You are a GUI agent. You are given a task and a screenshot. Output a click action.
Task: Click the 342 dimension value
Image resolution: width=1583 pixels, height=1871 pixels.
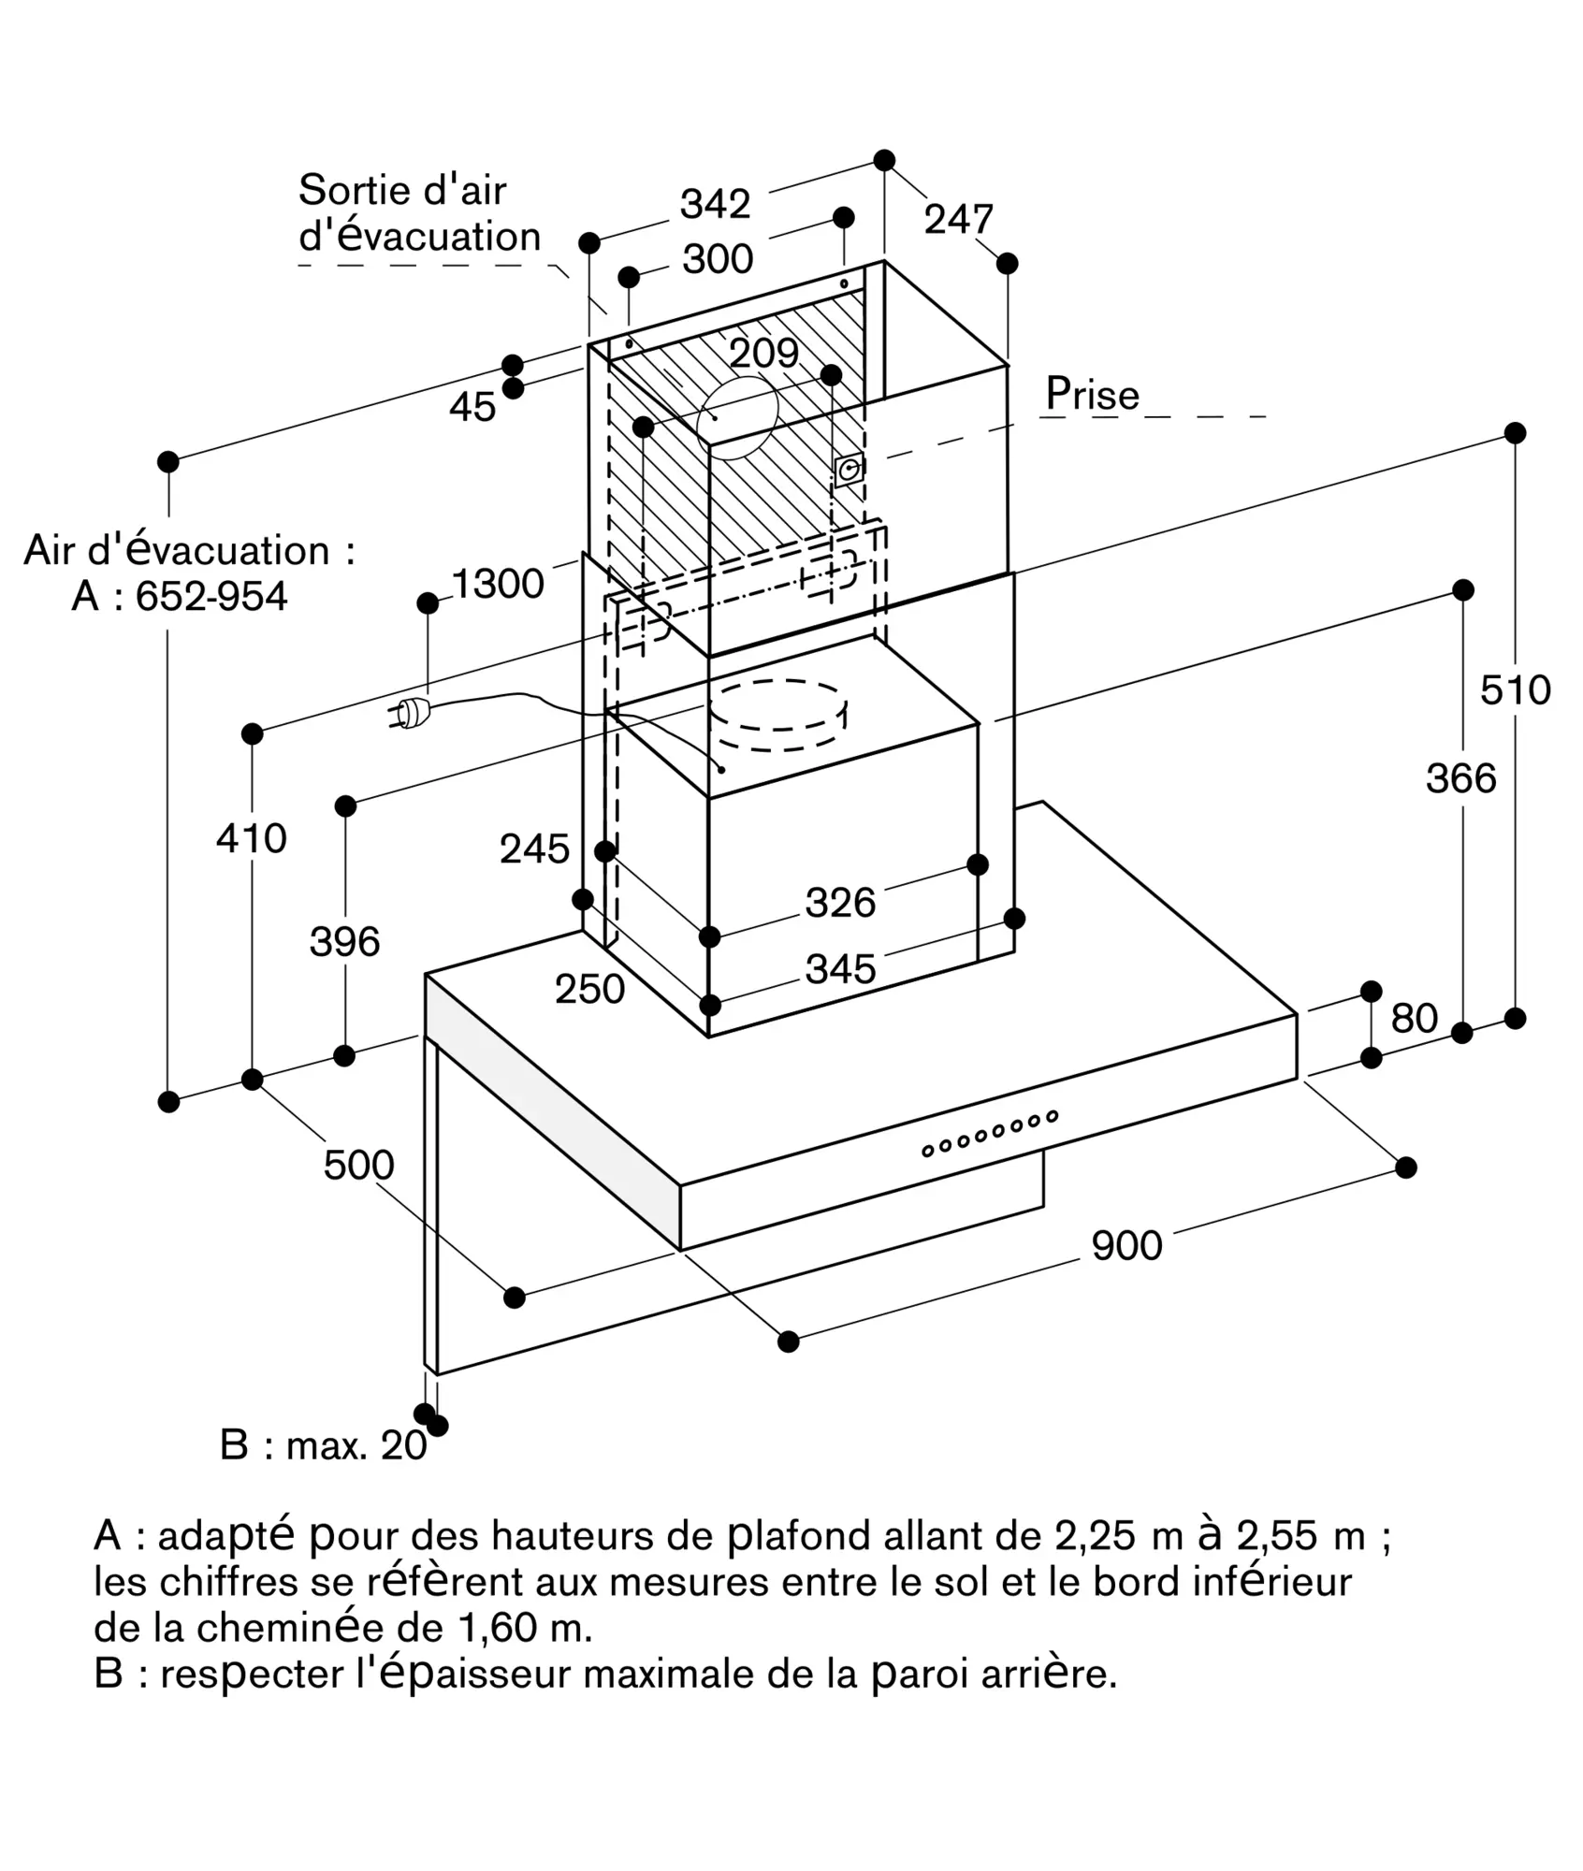coord(715,204)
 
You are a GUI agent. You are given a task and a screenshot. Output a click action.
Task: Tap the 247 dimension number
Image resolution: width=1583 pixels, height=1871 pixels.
coord(958,220)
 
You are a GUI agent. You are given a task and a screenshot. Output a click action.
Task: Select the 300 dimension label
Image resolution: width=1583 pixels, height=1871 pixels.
coord(718,259)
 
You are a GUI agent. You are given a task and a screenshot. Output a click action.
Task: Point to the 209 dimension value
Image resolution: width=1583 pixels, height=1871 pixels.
coord(763,353)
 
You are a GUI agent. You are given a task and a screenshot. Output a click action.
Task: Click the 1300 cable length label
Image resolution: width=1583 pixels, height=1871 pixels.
coord(498,584)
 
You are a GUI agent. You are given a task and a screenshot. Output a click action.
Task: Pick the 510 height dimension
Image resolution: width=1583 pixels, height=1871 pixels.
coord(1515,690)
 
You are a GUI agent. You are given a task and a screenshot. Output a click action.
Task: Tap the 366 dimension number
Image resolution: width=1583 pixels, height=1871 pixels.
coord(1460,778)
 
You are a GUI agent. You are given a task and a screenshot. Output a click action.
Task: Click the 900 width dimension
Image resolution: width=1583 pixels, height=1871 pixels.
coord(1126,1245)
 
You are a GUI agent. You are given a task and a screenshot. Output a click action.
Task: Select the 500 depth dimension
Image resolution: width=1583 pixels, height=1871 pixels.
coord(358,1165)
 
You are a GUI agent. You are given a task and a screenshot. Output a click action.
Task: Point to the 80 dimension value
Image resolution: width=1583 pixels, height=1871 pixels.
coord(1413,1018)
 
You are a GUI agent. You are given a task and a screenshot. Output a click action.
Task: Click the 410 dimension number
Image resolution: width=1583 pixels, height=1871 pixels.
coord(251,838)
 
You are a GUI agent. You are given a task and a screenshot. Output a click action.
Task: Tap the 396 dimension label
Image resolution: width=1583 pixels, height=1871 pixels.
coord(344,941)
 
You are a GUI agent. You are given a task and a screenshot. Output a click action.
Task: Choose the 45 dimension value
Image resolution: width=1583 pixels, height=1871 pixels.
coord(472,407)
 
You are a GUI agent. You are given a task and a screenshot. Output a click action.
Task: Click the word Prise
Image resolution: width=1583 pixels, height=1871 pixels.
coord(1092,394)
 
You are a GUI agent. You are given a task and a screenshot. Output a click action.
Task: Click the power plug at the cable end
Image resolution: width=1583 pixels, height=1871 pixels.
coord(411,714)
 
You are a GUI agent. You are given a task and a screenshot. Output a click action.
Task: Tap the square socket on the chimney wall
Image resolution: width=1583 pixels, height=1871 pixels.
coord(849,470)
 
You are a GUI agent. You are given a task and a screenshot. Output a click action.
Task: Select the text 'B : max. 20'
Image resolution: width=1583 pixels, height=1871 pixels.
coord(323,1445)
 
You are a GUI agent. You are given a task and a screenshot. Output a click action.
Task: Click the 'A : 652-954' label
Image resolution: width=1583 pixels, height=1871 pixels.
coord(180,596)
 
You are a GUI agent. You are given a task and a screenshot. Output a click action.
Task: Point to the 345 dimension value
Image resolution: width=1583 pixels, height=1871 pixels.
coord(840,969)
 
